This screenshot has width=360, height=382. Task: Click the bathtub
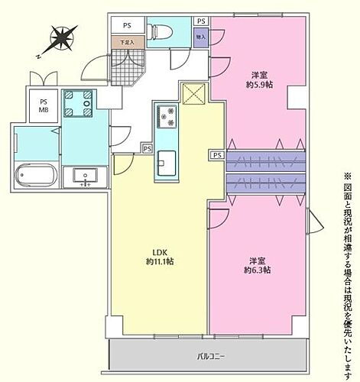[x=36, y=176]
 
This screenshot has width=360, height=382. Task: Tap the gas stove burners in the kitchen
[x=166, y=116]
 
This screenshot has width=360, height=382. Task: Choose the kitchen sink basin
[x=167, y=163]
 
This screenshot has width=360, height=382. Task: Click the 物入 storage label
[x=200, y=36]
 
